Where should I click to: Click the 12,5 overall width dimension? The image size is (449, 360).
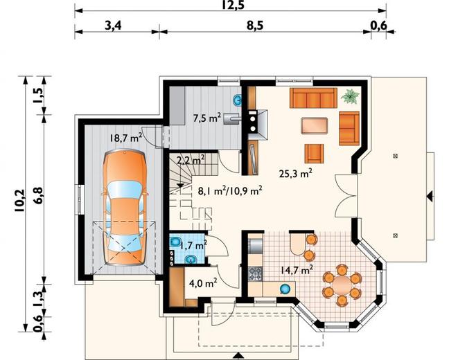point(233,5)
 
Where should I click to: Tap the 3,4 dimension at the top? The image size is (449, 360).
point(113,26)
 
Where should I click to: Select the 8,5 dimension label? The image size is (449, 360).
point(254,26)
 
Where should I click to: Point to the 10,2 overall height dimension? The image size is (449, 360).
point(20,201)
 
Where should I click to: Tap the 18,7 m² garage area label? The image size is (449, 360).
point(126,138)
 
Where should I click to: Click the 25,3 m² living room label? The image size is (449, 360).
point(295,173)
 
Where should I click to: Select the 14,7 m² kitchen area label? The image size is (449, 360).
point(296,270)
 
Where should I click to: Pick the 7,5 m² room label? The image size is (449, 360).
point(207,117)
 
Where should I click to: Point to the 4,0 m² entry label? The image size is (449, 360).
point(203,283)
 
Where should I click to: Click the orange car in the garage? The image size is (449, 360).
point(125,208)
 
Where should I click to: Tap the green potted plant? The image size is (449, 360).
point(350,96)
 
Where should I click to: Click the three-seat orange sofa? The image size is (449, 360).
point(313,98)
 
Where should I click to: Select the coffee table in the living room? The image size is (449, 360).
point(314,125)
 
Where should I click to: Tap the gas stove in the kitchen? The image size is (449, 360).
point(256,273)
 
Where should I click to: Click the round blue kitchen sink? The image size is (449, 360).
point(285,289)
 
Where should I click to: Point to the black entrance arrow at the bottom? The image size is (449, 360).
point(238,355)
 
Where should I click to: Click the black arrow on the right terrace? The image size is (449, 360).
point(430,197)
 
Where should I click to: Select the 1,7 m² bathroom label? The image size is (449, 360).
point(193,246)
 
